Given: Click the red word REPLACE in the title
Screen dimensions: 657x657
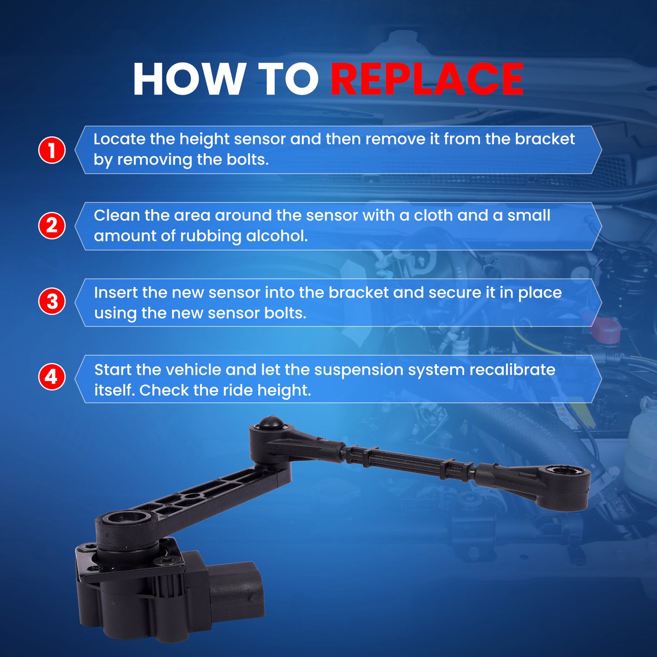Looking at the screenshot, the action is pos(427,79).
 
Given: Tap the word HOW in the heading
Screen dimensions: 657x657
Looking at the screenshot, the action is pos(187,79).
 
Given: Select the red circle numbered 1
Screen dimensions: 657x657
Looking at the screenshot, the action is pos(52,150).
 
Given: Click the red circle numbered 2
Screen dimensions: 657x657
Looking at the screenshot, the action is pos(52,226).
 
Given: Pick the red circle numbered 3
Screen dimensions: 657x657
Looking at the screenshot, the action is pos(52,302).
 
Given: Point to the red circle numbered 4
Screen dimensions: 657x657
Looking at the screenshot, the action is pos(52,377).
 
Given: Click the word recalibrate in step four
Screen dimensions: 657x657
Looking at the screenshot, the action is pos(512,370).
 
